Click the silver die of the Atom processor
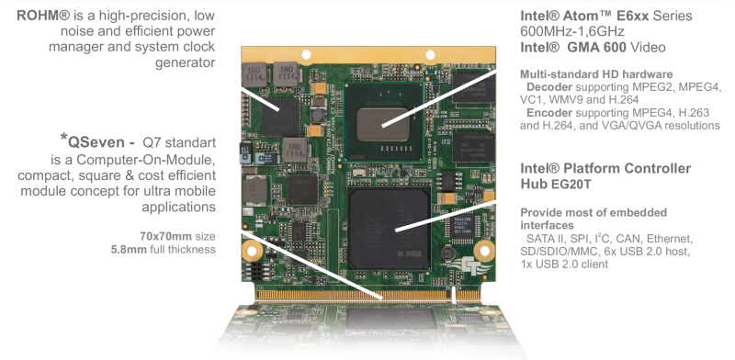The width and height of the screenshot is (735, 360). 382,124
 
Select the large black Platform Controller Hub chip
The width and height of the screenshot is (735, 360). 389,229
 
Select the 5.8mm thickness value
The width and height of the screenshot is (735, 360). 129,250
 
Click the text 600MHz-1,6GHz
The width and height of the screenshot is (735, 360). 572,31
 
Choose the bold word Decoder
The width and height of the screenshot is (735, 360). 549,87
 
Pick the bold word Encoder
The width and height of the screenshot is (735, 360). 549,113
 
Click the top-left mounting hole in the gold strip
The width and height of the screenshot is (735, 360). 306,55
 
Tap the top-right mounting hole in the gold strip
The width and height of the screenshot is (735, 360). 430,55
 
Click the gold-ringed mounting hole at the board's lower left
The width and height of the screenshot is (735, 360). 252,252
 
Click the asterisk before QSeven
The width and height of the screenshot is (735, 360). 63,138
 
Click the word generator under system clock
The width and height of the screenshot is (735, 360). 186,62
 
